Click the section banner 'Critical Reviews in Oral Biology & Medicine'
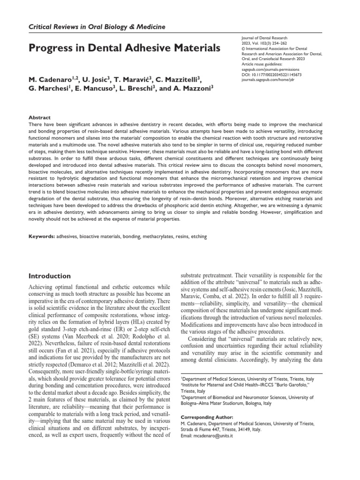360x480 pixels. click(97, 27)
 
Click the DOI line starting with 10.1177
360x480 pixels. click(272, 74)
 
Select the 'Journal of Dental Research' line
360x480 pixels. click(264, 40)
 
